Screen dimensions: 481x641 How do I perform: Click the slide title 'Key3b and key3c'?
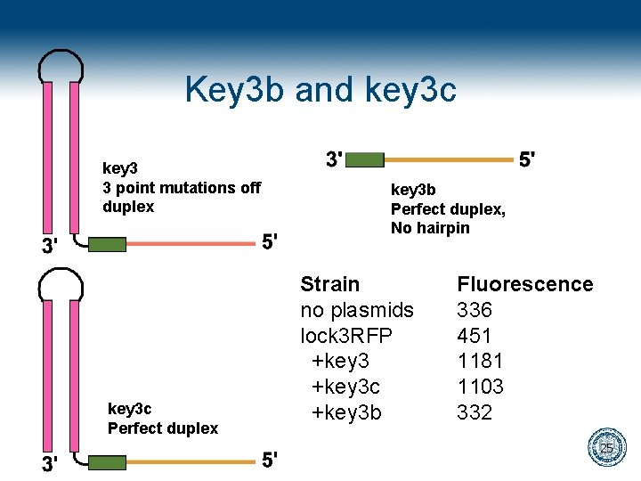320,89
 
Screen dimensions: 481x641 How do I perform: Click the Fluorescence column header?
524,284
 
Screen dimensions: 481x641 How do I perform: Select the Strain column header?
330,284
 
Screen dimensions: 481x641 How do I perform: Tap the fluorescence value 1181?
480,361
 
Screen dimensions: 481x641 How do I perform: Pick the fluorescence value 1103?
480,387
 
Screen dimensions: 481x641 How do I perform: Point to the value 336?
475,310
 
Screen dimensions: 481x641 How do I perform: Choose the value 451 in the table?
475,336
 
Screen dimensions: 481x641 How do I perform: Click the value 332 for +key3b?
475,412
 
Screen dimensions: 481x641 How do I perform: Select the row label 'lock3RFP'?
346,336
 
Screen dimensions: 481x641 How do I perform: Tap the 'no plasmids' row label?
357,310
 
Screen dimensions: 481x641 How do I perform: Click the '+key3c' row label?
345,387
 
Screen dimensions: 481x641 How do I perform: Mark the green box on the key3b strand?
365,159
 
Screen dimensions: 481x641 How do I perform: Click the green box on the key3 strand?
107,243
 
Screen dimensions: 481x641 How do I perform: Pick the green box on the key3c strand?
107,462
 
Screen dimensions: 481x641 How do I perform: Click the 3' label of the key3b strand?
334,159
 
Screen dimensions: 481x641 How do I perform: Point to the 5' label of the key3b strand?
527,159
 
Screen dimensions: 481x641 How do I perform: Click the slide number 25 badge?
605,447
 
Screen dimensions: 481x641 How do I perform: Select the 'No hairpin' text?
430,228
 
